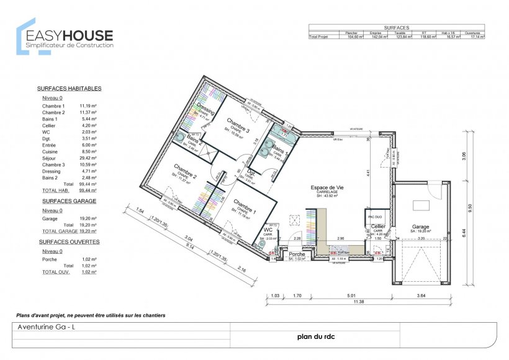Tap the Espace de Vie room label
pyautogui.click(x=327, y=187)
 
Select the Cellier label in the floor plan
pyautogui.click(x=378, y=227)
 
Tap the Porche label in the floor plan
pyautogui.click(x=297, y=254)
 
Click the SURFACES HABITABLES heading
pyautogui.click(x=69, y=89)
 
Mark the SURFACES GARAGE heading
pyautogui.click(x=64, y=202)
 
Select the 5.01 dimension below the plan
pyautogui.click(x=351, y=295)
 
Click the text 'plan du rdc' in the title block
pyautogui.click(x=318, y=338)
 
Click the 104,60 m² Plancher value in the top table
pyautogui.click(x=354, y=37)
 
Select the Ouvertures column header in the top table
pyautogui.click(x=473, y=33)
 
